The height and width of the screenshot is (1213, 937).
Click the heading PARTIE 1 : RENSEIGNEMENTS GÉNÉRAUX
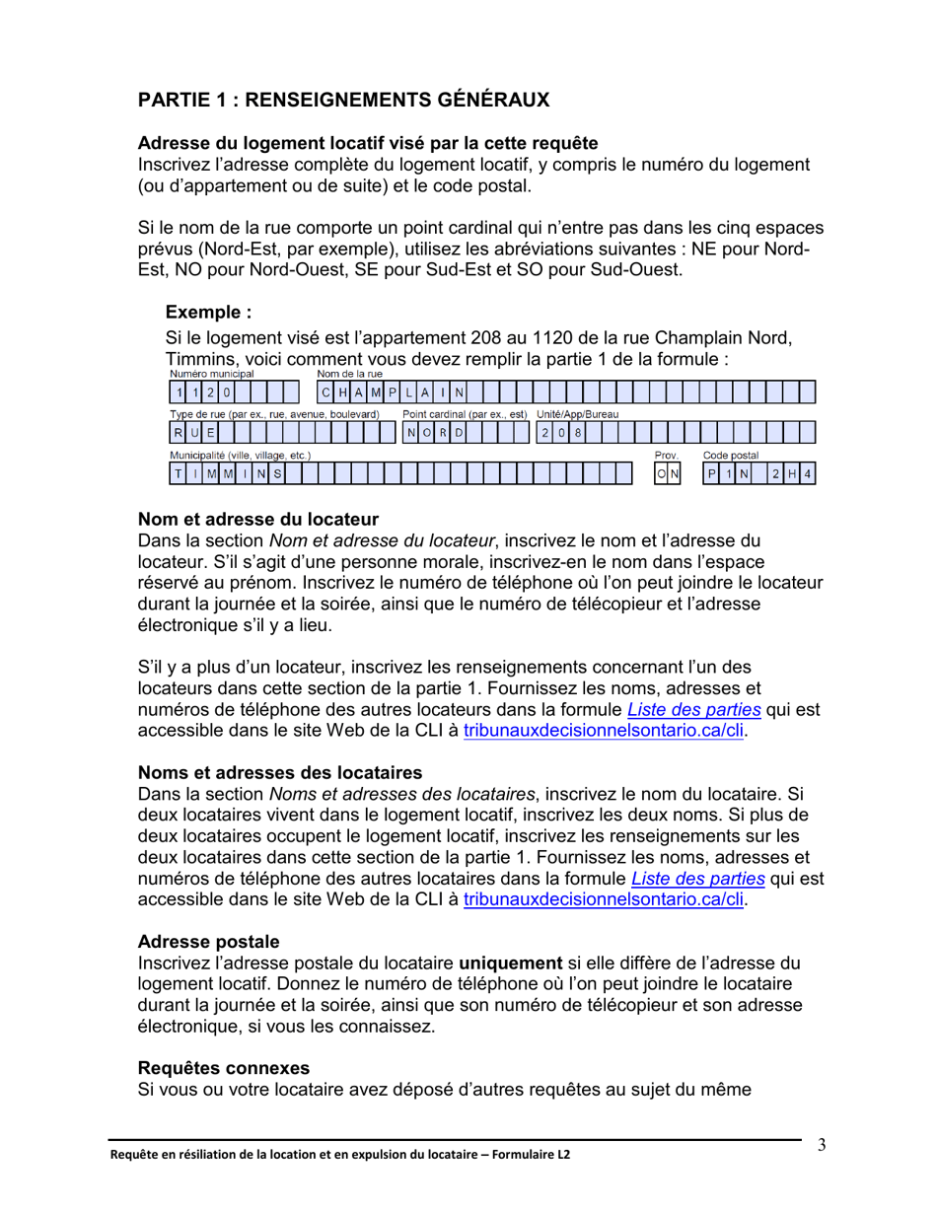point(343,101)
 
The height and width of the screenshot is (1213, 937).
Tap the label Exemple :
point(208,313)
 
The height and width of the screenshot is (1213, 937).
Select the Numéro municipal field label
point(212,374)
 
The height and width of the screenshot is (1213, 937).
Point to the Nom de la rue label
point(349,374)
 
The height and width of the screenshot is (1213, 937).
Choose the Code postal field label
point(730,456)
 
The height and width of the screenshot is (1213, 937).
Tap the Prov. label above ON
point(666,456)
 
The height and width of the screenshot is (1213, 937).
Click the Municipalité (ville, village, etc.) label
point(241,456)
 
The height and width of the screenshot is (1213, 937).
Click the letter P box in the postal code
point(710,474)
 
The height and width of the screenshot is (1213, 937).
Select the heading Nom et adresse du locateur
point(258,519)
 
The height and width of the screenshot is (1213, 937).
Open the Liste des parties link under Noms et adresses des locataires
point(697,878)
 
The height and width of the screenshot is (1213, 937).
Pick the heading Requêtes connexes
point(223,1067)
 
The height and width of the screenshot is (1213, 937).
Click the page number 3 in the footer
point(821,1146)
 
